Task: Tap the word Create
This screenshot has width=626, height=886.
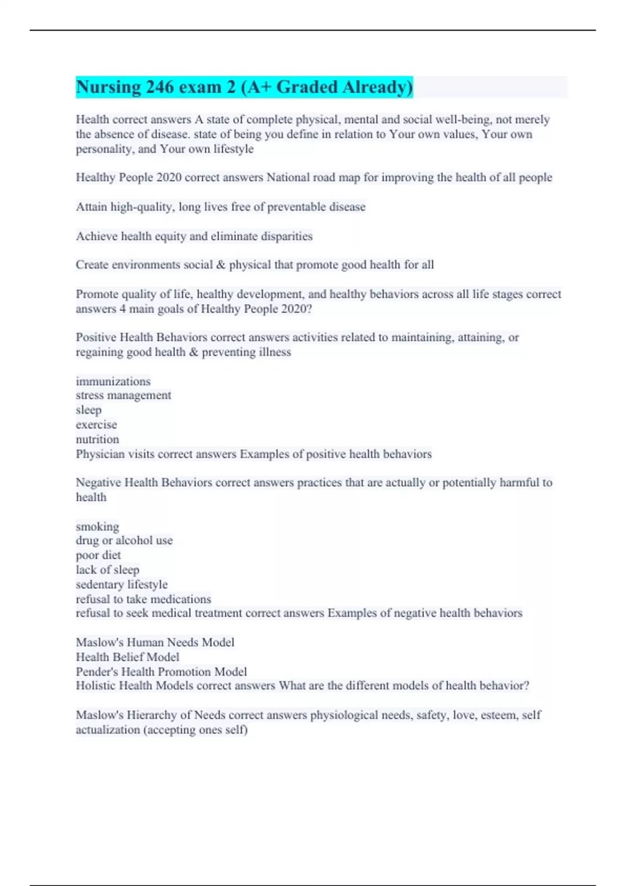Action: (92, 265)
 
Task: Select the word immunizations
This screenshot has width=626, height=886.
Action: (113, 382)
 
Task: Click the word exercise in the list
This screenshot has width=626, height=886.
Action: (97, 425)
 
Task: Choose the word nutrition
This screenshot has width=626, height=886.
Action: (98, 439)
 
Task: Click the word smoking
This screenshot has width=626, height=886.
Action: (98, 526)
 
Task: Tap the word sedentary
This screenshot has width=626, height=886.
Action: (100, 585)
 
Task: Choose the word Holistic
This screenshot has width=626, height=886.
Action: (95, 686)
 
